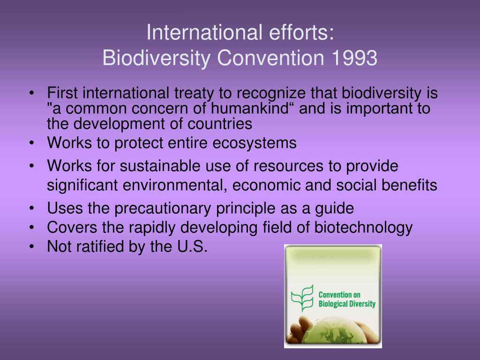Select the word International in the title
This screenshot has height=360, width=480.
tap(204, 32)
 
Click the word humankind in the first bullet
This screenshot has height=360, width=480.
tap(250, 108)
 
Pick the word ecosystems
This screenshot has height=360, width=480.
tap(255, 143)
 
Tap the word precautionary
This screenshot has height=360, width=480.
tap(163, 209)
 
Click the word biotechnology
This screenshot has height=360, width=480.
tap(363, 227)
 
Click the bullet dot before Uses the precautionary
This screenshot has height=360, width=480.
tap(32, 209)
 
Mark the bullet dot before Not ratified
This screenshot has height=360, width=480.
tap(32, 247)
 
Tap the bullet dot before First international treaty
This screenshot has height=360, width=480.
tap(32, 93)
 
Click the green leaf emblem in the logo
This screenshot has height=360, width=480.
tap(302, 298)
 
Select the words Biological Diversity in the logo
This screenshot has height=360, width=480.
tap(347, 304)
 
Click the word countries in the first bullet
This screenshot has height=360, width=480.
tap(220, 124)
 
